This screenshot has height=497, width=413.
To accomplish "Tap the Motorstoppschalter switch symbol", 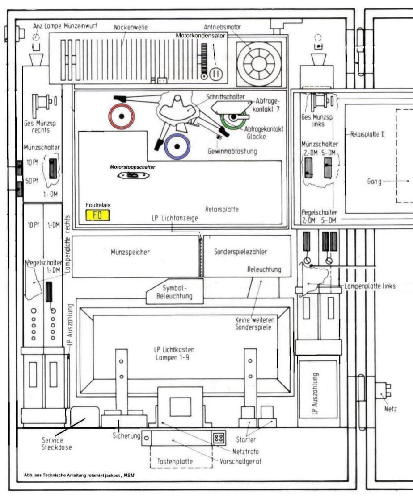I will click(x=132, y=176).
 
